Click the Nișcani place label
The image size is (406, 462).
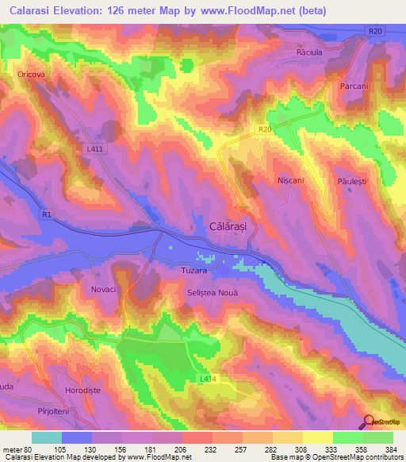pyautogui.click(x=291, y=180)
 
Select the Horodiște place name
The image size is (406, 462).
pyautogui.click(x=84, y=391)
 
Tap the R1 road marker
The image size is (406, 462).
pyautogui.click(x=47, y=214)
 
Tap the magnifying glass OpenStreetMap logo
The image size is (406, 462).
pyautogui.click(x=369, y=422)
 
